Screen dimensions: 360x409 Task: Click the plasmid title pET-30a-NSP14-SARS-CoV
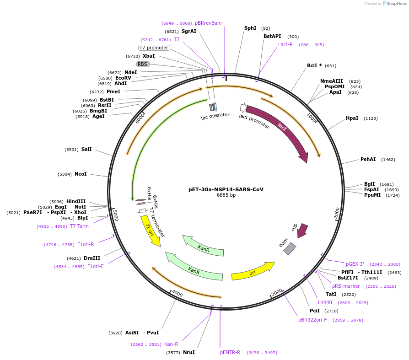pos(226,189)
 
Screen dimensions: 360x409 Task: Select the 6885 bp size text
pos(226,195)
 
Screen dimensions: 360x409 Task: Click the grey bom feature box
pos(290,248)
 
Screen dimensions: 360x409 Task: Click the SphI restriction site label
pos(250,28)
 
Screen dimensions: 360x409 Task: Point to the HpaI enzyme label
pos(352,118)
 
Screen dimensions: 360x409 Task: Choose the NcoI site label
pos(81,174)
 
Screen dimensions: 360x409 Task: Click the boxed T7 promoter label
pos(154,48)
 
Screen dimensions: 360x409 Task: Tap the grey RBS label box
pos(143,64)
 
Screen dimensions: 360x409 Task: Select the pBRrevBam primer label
pos(208,23)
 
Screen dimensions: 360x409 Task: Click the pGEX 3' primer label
pos(355,264)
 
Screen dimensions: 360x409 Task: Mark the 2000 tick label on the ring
pos(337,213)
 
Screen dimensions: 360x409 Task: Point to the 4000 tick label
pos(177,293)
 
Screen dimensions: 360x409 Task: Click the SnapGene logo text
pos(396,4)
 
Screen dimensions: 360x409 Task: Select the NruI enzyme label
pos(189,353)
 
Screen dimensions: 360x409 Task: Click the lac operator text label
pos(215,115)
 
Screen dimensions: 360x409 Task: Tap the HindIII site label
pos(76,201)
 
